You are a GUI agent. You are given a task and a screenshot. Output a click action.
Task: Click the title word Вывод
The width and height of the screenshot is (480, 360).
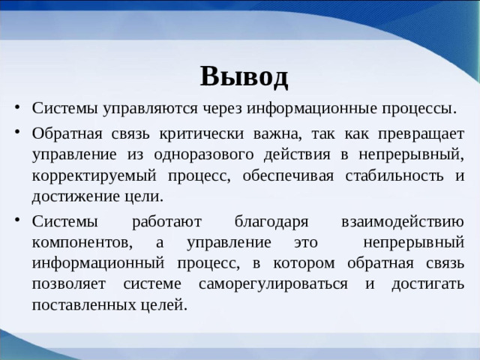click(244, 76)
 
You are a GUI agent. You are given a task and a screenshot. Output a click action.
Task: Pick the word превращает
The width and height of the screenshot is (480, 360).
click(419, 134)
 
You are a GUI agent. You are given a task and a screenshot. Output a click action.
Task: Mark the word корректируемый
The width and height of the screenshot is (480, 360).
click(85, 176)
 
